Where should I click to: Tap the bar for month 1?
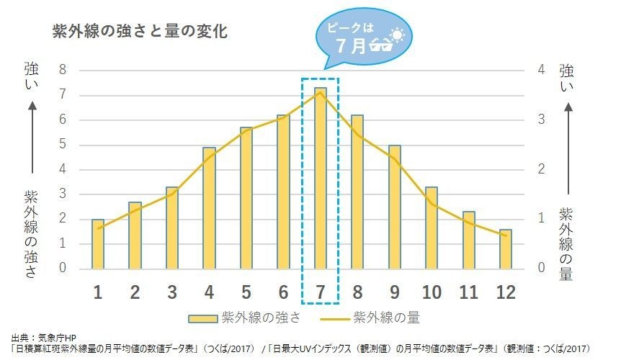98,244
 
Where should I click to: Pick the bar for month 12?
505,249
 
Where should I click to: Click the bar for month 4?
209,208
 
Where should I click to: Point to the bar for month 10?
431,228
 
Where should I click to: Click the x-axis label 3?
172,292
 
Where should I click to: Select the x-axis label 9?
394,292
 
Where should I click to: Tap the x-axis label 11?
468,292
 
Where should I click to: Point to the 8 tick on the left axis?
63,70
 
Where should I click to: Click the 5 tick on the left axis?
63,144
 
